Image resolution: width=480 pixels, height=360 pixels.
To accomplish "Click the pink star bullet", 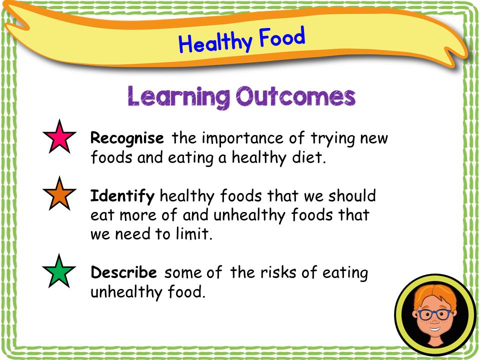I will (x=59, y=137).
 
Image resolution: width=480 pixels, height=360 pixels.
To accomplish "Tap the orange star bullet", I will (x=59, y=194).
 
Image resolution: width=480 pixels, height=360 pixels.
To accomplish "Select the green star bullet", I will (x=59, y=271).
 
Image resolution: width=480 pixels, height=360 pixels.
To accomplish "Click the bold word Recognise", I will (x=127, y=138).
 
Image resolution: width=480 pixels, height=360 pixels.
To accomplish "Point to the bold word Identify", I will (x=122, y=196).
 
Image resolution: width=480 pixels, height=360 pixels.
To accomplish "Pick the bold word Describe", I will (x=123, y=273).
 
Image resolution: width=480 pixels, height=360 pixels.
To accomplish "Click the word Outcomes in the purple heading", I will (x=295, y=96).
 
